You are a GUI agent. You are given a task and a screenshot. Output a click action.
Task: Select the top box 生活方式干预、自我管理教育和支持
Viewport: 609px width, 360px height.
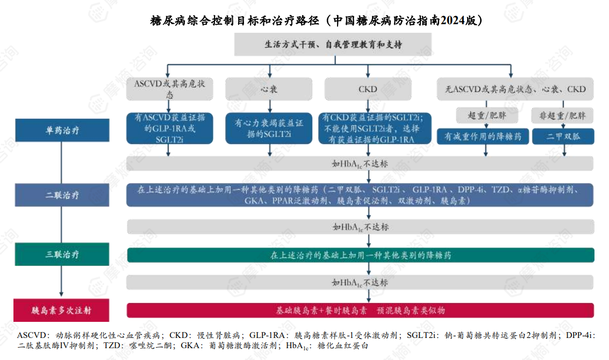tap(333, 45)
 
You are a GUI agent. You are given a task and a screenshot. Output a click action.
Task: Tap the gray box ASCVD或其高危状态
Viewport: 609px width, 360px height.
tap(170, 89)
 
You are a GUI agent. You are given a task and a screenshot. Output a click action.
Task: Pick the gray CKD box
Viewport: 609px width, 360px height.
tap(368, 89)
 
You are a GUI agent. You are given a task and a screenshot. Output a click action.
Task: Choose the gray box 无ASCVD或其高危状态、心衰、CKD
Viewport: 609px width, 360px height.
tap(515, 89)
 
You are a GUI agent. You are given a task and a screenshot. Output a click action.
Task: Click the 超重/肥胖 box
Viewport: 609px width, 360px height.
tap(483, 116)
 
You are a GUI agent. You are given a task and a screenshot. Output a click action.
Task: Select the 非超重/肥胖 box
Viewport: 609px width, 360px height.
tap(563, 116)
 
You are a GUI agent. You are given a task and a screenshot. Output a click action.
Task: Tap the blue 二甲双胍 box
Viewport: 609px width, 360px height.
tap(563, 136)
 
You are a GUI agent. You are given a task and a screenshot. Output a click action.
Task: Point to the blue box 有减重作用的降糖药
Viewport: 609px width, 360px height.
tap(483, 136)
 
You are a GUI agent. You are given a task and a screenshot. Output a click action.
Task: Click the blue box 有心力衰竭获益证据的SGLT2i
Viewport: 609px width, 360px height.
tap(269, 128)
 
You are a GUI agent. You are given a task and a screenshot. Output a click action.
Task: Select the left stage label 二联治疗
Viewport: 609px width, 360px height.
tap(62, 196)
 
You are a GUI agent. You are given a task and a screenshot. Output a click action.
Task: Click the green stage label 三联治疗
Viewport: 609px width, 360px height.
tap(62, 254)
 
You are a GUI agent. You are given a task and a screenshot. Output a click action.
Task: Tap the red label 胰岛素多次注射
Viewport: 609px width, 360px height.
tap(62, 311)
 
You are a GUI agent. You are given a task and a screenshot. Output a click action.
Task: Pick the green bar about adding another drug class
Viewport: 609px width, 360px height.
tap(360, 255)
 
